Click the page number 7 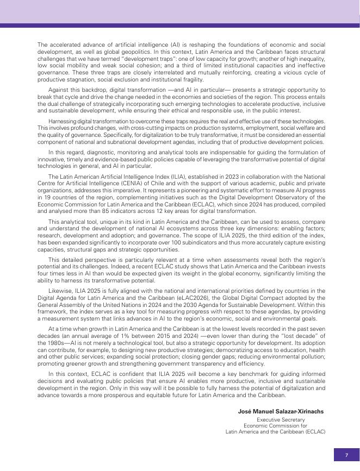click(346, 455)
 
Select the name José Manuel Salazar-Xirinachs click(281, 411)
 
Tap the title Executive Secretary click(281, 420)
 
